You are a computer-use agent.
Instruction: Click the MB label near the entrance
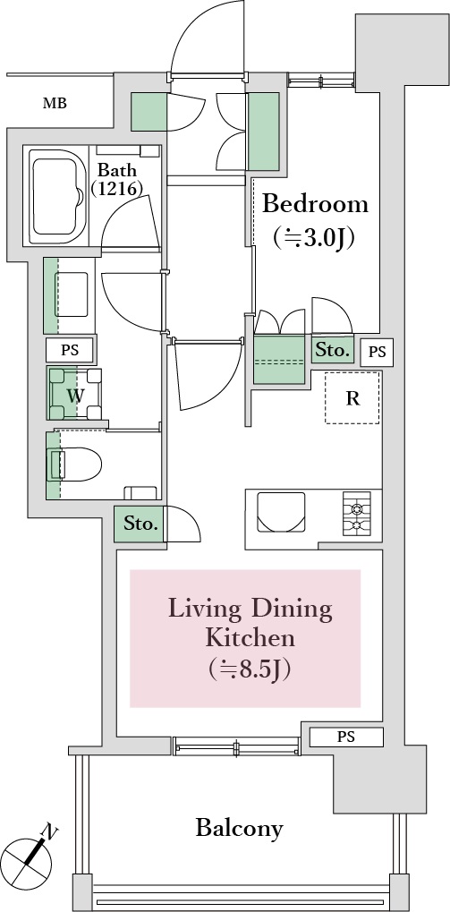(55, 104)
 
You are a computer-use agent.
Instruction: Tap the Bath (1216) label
(117, 179)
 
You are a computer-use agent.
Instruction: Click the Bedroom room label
(316, 204)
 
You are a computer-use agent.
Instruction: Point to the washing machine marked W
(75, 394)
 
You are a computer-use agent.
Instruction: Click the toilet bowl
(75, 465)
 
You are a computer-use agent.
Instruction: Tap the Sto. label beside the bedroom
(333, 350)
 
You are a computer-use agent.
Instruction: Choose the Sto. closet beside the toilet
(140, 524)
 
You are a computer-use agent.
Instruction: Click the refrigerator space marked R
(352, 398)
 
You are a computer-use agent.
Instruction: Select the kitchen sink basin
(281, 512)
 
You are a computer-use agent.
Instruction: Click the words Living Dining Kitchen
(250, 624)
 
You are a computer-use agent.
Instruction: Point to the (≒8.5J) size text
(249, 669)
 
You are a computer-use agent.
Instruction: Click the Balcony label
(240, 827)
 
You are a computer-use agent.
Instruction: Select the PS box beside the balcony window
(346, 737)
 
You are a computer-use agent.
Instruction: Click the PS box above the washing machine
(70, 351)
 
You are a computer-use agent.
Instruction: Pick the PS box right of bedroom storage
(377, 353)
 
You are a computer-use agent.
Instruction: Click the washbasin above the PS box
(72, 294)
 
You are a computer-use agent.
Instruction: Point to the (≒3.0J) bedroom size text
(313, 237)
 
